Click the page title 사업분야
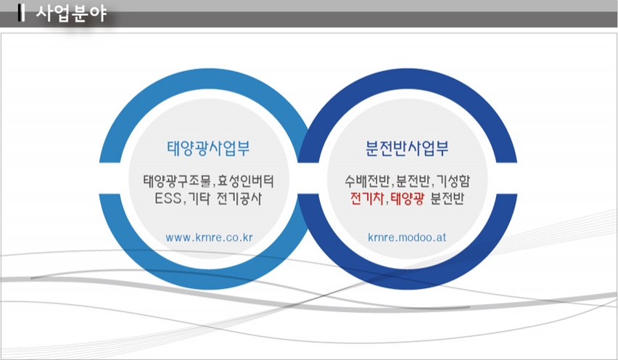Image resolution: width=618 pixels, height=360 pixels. click(x=71, y=13)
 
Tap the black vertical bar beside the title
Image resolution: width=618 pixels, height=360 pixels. click(x=21, y=12)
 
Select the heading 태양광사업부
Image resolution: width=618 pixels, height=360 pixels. click(x=208, y=148)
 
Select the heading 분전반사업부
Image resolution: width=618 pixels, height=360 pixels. click(x=407, y=148)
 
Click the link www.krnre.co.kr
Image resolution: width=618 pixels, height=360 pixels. click(x=210, y=237)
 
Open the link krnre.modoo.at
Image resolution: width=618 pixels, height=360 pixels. click(x=407, y=237)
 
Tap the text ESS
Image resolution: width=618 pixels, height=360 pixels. click(x=168, y=198)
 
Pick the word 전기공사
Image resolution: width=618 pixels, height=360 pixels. click(x=239, y=198)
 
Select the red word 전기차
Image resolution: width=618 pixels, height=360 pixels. click(x=367, y=198)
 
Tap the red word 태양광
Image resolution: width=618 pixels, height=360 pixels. click(x=408, y=198)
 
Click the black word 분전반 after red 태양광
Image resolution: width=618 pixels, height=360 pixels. click(x=447, y=198)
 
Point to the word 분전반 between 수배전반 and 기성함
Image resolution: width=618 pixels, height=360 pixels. click(x=413, y=181)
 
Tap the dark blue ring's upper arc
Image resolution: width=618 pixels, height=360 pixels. click(x=407, y=83)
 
